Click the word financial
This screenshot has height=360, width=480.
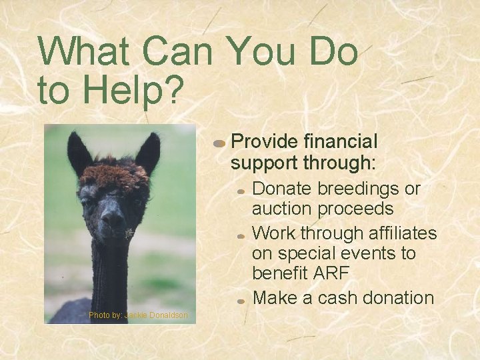point(340,141)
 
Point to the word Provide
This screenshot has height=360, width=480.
point(263,141)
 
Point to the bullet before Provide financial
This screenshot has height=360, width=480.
point(219,143)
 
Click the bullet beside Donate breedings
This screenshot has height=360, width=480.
point(241,191)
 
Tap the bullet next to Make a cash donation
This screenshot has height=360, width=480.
point(241,301)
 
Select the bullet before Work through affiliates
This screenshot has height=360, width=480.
point(241,236)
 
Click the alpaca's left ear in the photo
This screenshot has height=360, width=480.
point(79,153)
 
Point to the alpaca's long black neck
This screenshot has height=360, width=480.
point(109,273)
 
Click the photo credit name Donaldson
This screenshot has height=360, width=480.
point(168,315)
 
